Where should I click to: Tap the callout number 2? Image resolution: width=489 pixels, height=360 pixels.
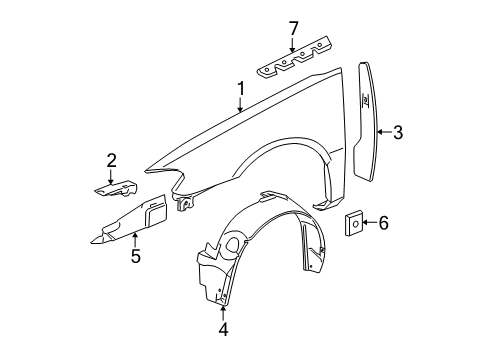click(x=112, y=160)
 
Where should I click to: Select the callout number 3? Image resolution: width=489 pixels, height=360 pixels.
click(x=397, y=129)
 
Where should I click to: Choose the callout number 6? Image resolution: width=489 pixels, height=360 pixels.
click(x=382, y=223)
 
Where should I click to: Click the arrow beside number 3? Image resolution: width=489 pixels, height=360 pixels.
click(x=385, y=129)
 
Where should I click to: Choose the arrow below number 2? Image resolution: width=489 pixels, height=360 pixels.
click(x=112, y=175)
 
